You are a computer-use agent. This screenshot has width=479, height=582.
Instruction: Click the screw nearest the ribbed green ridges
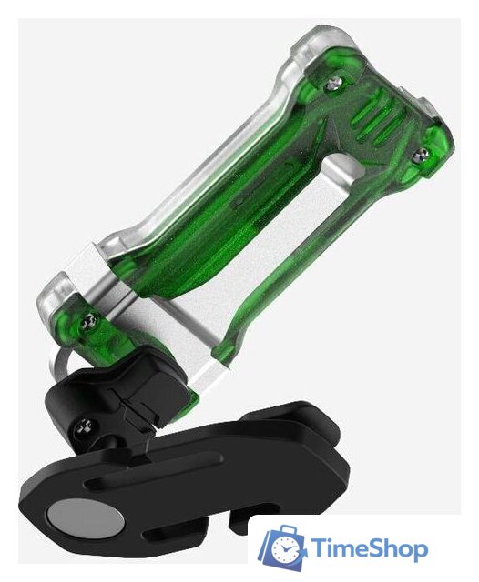coord(334,84)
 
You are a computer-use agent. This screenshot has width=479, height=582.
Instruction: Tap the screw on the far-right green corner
coord(421,154)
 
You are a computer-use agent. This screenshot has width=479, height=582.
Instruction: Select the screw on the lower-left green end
coord(88,321)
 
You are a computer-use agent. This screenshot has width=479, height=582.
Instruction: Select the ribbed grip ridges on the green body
coord(377,119)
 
